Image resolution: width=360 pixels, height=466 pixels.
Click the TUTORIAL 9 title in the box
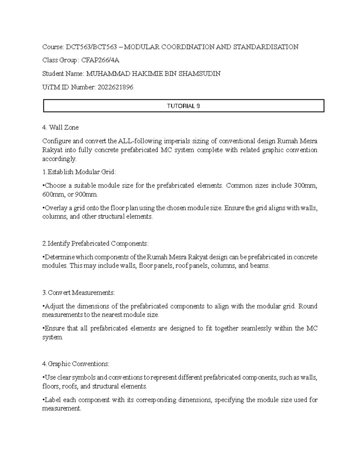click(x=183, y=106)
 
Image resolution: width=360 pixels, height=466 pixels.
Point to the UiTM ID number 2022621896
click(x=115, y=87)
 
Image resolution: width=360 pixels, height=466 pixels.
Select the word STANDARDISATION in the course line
click(x=266, y=47)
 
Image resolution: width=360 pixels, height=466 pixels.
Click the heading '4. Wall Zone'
click(x=60, y=128)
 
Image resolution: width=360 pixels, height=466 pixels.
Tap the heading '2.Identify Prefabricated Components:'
click(x=96, y=244)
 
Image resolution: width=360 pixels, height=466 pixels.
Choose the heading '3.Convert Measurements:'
click(x=79, y=293)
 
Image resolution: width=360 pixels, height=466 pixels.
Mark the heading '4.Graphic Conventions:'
click(x=76, y=364)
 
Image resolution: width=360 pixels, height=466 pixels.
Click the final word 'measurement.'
click(x=62, y=409)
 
